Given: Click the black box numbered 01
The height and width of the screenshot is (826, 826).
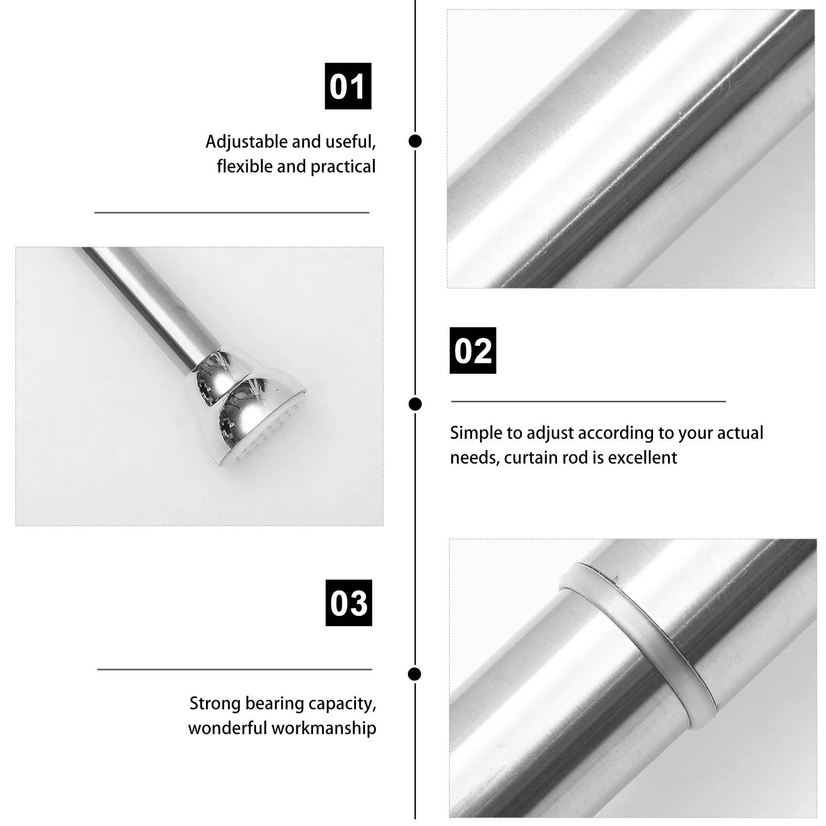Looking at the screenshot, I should pos(347,86).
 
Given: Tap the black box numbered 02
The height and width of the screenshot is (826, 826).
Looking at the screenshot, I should pos(472,351).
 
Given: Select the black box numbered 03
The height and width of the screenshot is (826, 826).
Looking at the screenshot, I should pos(348,602).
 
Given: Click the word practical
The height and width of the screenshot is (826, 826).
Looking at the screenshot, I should pos(342,167).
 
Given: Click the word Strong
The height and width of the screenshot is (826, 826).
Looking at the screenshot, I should pos(215,704).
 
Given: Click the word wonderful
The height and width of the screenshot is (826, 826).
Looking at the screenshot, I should pos(227,728).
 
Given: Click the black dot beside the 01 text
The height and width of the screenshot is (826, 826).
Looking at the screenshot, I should pos(415,141).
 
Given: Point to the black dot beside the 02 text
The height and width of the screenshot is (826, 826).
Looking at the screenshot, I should pos(415,404).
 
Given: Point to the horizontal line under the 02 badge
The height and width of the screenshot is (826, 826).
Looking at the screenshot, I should pos(588,401).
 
